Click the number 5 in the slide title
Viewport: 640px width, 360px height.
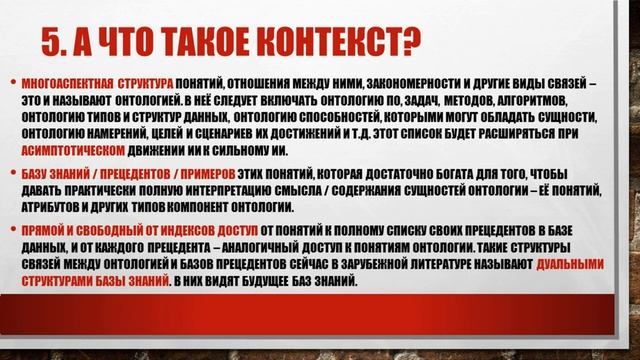pyautogui.click(x=53, y=38)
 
